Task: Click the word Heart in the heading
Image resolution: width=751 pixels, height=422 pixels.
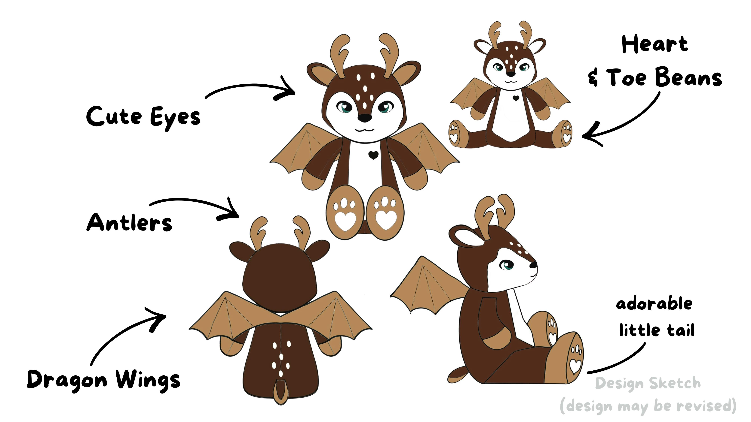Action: pos(655,45)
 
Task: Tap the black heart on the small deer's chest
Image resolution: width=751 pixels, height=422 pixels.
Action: pos(516,98)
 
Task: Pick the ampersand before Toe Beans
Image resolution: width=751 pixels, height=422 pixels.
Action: pos(593,77)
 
